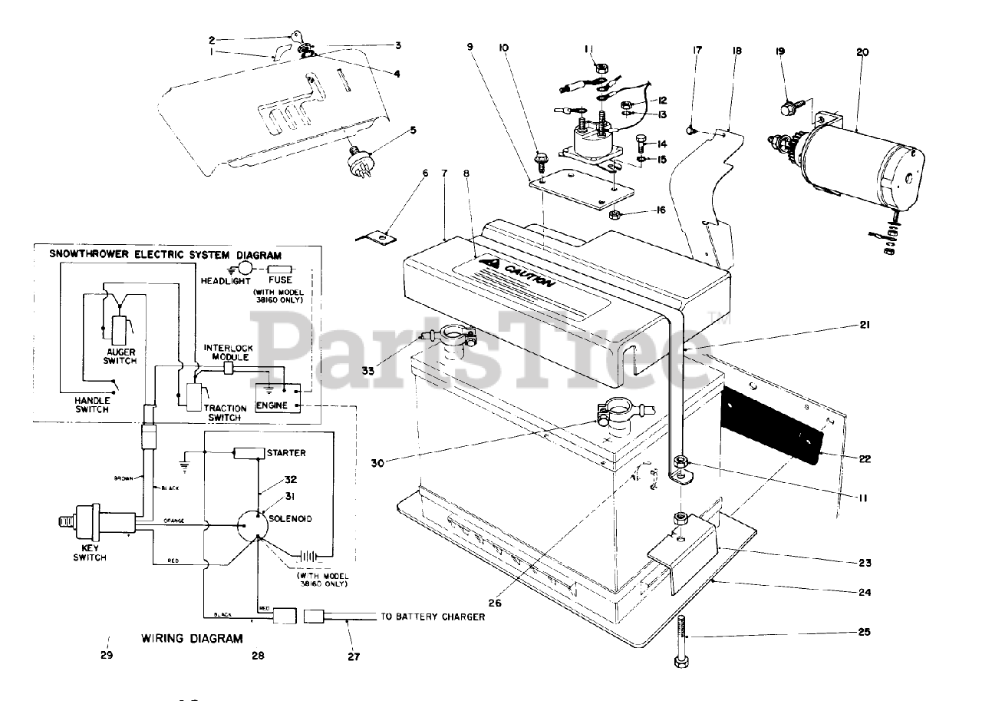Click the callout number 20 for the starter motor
click(x=862, y=52)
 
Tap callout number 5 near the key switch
click(x=413, y=130)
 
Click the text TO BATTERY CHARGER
click(x=433, y=617)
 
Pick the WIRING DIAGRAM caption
click(x=192, y=638)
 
